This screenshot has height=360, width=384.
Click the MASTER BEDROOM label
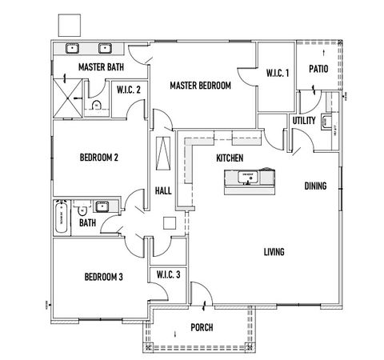tap(200, 85)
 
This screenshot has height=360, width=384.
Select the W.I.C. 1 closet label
tap(278, 73)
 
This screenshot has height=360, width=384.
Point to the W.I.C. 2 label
tap(128, 89)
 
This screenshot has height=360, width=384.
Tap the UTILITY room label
tap(304, 120)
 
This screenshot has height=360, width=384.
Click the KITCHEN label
tap(230, 159)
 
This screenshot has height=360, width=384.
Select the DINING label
tap(315, 186)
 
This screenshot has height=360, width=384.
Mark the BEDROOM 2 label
tap(99, 158)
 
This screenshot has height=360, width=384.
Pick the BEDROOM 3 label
tap(104, 278)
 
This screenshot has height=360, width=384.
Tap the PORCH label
tap(202, 327)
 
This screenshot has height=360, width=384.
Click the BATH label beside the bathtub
tap(87, 223)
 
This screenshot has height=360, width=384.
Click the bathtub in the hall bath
tap(62, 217)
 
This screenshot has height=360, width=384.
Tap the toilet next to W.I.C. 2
tap(96, 104)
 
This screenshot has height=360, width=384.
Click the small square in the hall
tap(169, 223)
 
